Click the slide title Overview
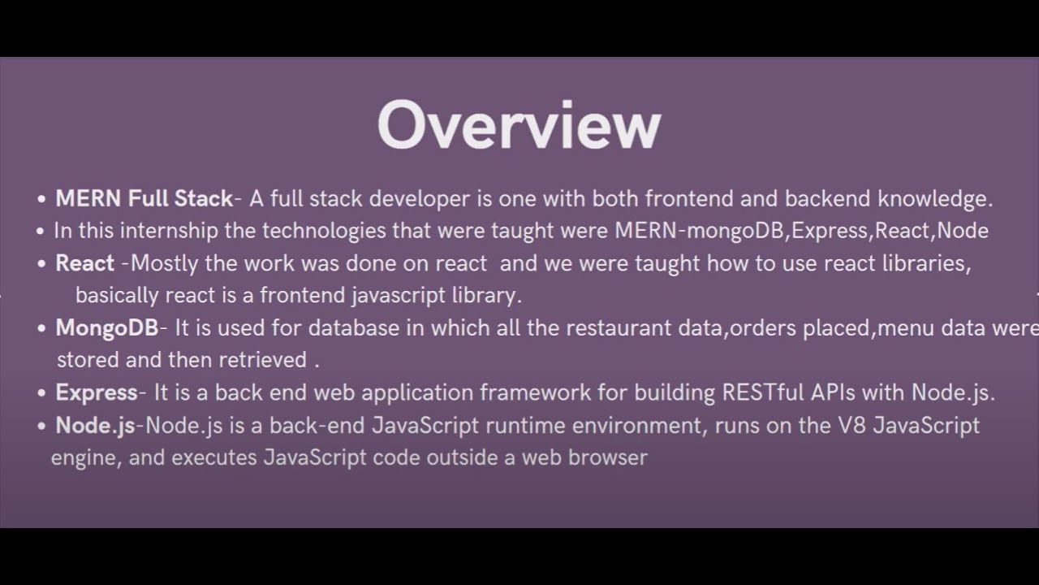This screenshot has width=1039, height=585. [x=519, y=126]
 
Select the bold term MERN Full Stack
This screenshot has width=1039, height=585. [x=144, y=198]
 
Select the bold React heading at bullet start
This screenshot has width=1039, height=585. [x=84, y=263]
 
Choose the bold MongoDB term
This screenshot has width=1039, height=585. [x=106, y=328]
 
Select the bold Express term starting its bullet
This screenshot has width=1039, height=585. [x=96, y=392]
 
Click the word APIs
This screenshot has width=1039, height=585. [x=832, y=392]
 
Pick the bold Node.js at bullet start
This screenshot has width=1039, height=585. [x=95, y=425]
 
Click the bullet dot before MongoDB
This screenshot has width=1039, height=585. [x=41, y=329]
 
